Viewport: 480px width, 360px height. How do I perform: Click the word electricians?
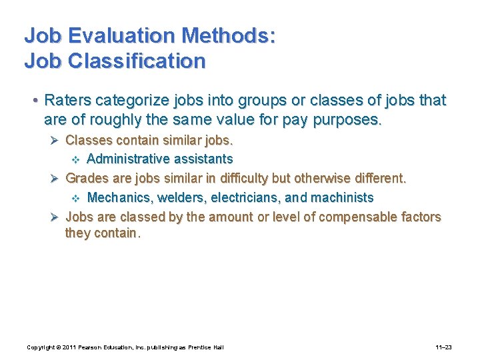pyautogui.click(x=243, y=197)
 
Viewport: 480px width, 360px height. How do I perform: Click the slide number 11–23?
pyautogui.click(x=443, y=347)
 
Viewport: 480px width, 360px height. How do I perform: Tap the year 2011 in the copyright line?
pyautogui.click(x=69, y=347)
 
